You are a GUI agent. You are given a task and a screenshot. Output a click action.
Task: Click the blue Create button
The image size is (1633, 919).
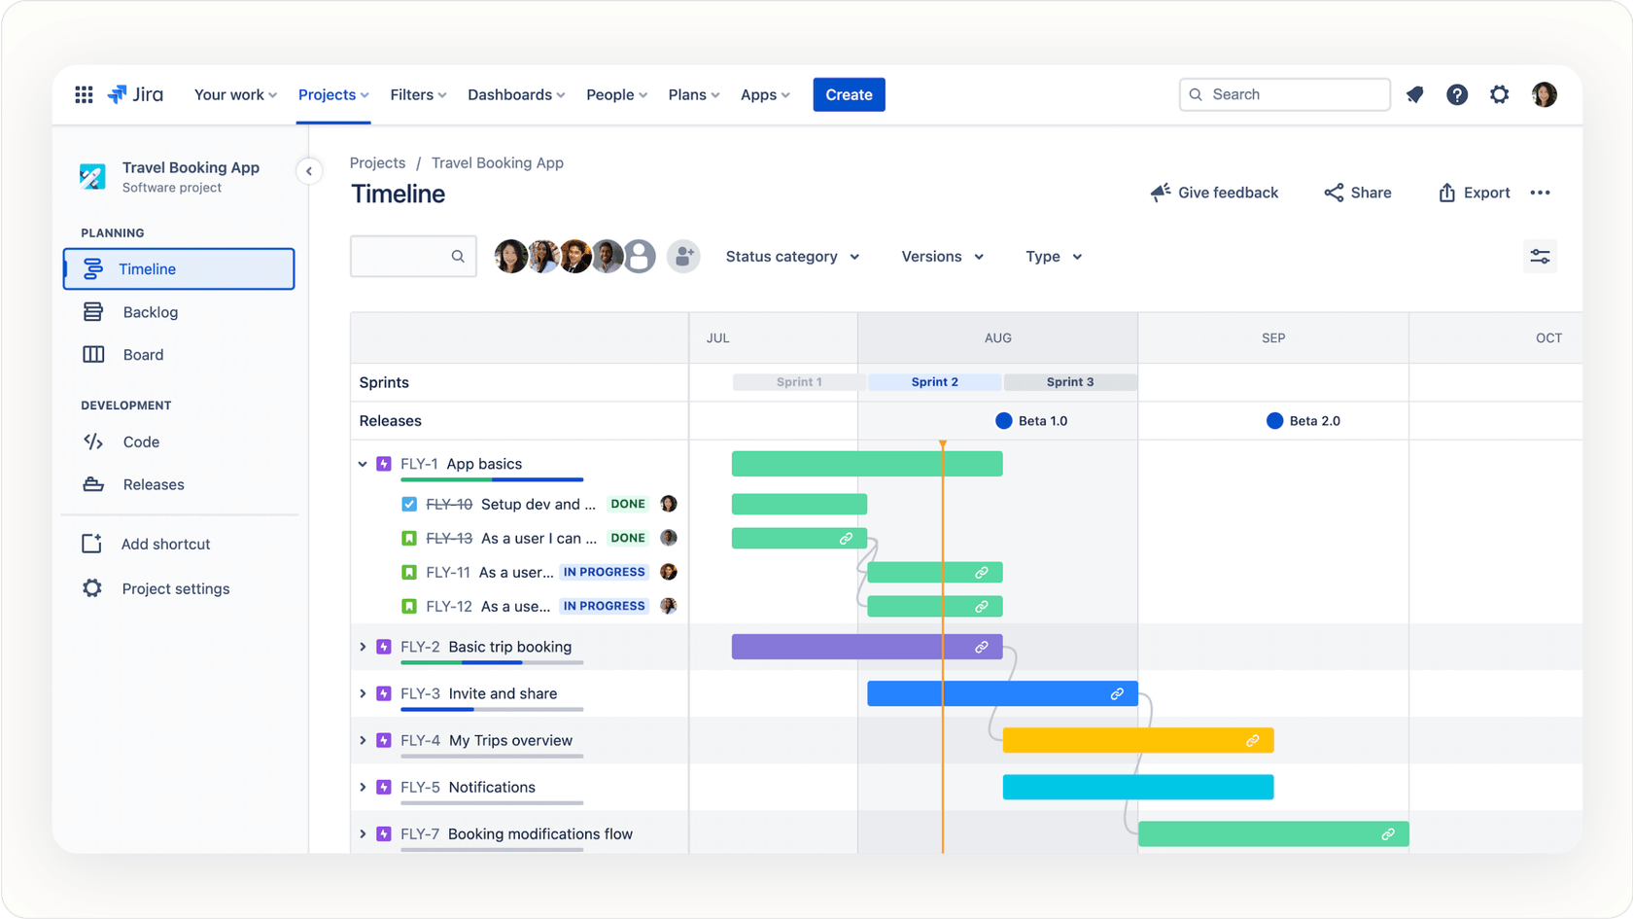pos(849,94)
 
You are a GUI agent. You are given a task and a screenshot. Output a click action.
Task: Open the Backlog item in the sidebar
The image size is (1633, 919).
pos(150,312)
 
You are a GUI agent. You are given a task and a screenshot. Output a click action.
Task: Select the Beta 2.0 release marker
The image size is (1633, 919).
pos(1274,421)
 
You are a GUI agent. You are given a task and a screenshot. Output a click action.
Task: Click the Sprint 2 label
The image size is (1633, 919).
pos(934,382)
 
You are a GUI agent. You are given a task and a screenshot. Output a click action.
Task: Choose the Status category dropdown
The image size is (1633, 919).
pos(792,257)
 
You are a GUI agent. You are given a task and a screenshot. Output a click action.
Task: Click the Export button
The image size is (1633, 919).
pos(1474,193)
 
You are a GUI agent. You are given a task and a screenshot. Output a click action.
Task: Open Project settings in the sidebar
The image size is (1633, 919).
pos(175,588)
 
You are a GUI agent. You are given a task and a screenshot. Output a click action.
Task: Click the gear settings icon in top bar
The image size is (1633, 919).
pos(1499,94)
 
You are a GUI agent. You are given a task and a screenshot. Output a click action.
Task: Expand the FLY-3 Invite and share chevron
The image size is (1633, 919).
pos(363,693)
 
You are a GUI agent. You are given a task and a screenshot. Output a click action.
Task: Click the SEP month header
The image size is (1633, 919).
pos(1272,338)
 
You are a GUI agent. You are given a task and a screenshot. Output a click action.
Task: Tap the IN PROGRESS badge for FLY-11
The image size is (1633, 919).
pos(604,572)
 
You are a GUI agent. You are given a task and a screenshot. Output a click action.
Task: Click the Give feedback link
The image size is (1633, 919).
pos(1214,193)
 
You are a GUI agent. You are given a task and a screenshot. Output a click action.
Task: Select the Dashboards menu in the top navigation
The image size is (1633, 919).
pos(515,94)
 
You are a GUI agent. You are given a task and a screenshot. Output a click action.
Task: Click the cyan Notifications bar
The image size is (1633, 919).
pos(1137,787)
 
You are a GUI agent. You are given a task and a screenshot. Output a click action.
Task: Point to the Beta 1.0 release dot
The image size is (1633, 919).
pos(1004,421)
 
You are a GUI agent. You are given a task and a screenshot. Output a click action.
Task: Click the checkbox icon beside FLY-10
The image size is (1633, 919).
pos(409,504)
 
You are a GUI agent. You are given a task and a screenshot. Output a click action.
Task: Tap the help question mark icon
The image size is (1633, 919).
pos(1456,94)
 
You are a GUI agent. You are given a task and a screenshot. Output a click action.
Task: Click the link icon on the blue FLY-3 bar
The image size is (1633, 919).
pos(1117,693)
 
